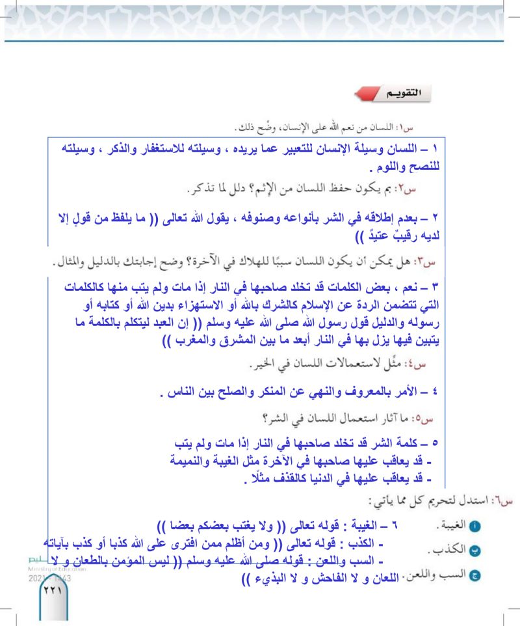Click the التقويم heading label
click(x=395, y=93)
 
